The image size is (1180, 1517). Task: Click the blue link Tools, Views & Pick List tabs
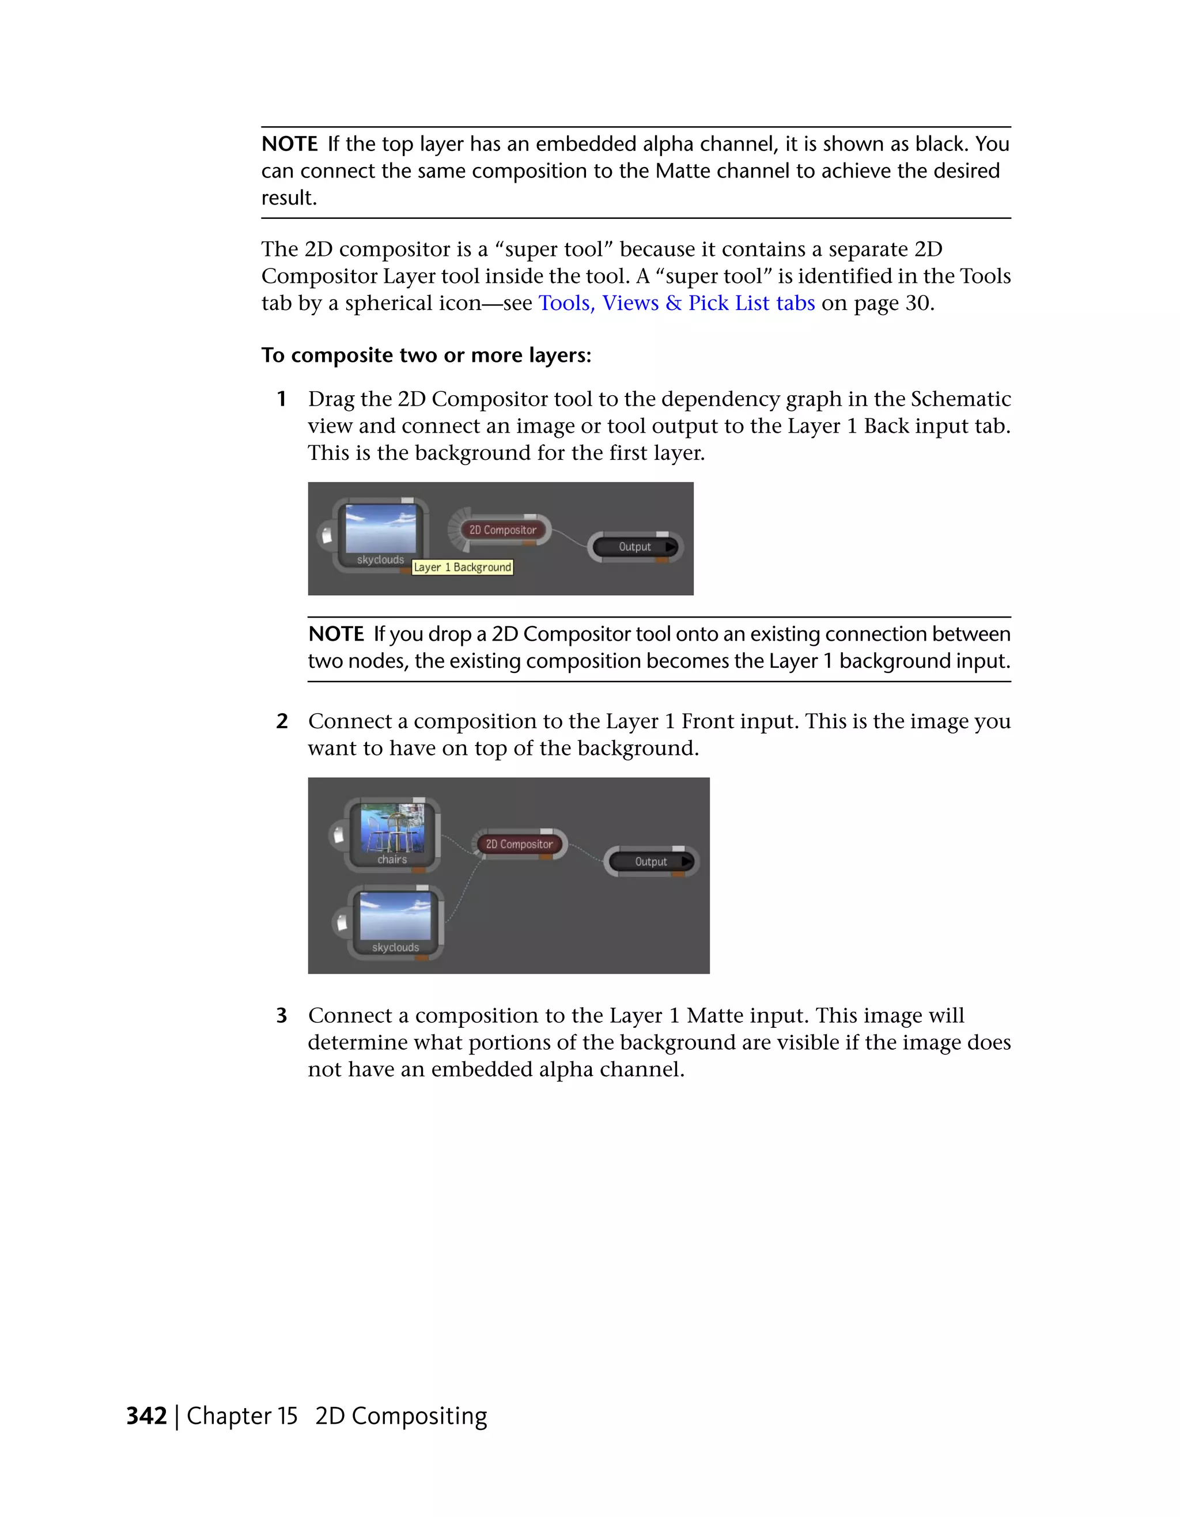(676, 304)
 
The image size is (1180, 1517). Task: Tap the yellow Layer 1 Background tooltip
(463, 568)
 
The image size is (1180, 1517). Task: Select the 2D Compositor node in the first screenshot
(503, 530)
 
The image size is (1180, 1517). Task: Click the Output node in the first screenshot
(636, 547)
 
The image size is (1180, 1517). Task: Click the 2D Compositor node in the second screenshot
(520, 845)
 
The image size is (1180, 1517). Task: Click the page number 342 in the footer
(146, 1416)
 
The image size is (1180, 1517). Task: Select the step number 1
(281, 399)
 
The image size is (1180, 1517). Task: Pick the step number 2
(281, 722)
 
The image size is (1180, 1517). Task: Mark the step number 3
(281, 1016)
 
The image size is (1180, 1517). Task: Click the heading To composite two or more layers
(426, 355)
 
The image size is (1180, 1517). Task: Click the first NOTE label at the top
(289, 145)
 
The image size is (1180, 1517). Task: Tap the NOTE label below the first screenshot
(335, 634)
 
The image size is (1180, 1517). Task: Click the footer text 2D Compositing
(401, 1416)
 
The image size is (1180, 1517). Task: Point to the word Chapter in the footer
(229, 1416)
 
